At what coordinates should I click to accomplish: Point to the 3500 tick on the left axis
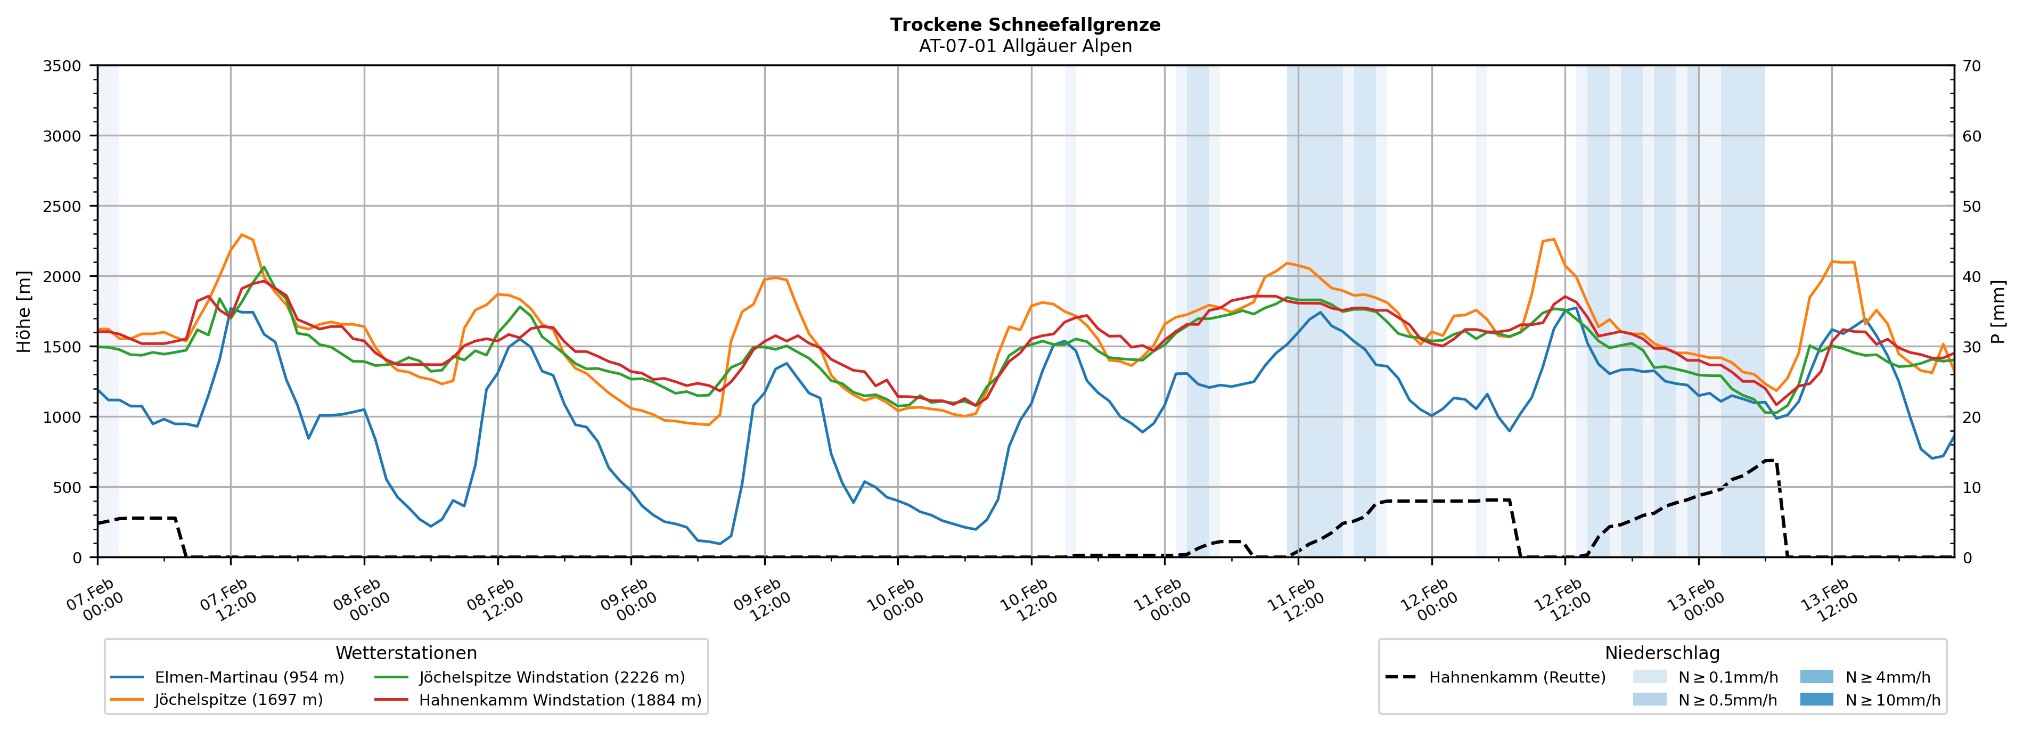[x=62, y=66]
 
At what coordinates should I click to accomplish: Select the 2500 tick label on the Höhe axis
[x=62, y=207]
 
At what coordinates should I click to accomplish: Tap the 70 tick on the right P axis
[x=1971, y=66]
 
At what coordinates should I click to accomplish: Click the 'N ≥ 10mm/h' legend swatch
[x=1816, y=699]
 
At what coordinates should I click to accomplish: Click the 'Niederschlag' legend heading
[x=1662, y=653]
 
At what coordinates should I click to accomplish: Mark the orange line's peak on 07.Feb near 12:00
[x=241, y=234]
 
